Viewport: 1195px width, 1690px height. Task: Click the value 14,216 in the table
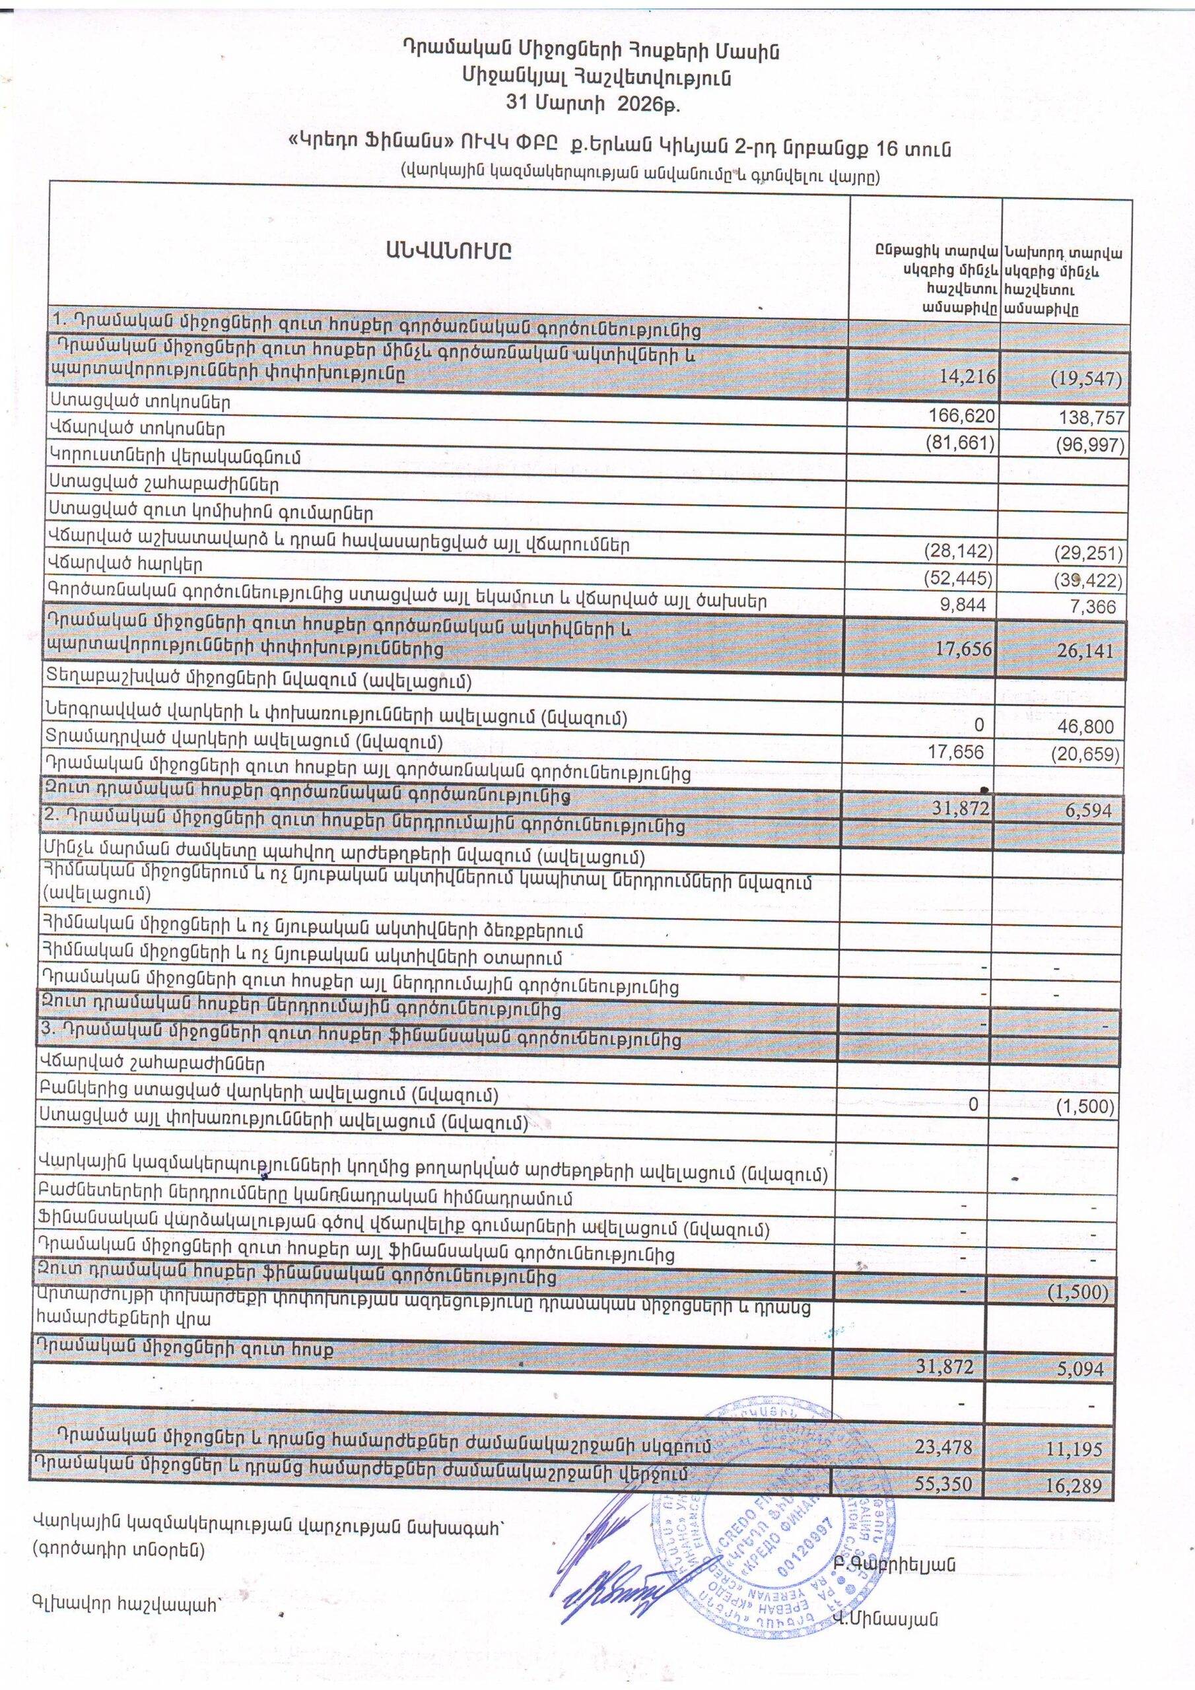[x=967, y=378]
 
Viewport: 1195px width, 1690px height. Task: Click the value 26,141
[x=1093, y=650]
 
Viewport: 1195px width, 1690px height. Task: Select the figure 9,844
[x=966, y=605]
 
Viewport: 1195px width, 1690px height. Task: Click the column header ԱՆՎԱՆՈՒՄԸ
[x=447, y=251]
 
